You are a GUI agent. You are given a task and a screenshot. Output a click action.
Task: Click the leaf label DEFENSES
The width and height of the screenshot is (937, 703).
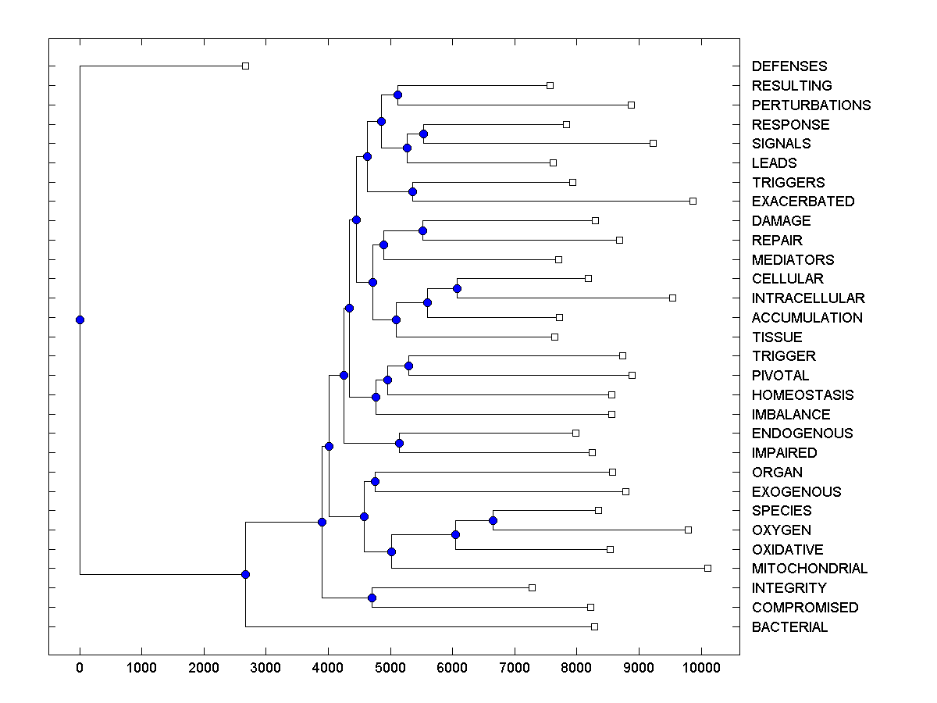pyautogui.click(x=789, y=66)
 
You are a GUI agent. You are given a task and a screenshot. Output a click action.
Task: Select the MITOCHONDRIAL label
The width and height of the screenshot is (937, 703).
pyautogui.click(x=809, y=569)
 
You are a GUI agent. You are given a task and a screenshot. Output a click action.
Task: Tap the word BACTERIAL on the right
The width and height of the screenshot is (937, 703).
pyautogui.click(x=789, y=627)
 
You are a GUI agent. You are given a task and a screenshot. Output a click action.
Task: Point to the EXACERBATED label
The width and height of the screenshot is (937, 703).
pyautogui.click(x=803, y=202)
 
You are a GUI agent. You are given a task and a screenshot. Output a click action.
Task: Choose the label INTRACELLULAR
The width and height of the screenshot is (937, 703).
pyautogui.click(x=808, y=298)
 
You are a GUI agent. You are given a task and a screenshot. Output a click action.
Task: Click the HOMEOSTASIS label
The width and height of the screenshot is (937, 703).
pyautogui.click(x=803, y=395)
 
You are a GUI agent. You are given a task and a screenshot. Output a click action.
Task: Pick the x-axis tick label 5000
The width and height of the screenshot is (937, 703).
pyautogui.click(x=390, y=668)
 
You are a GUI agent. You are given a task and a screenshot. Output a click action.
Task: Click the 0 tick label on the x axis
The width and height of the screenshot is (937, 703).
pyautogui.click(x=80, y=668)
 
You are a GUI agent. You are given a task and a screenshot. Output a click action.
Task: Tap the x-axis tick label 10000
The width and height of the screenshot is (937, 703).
pyautogui.click(x=700, y=668)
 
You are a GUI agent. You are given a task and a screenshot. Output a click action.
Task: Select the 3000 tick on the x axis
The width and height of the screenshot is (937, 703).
pyautogui.click(x=266, y=668)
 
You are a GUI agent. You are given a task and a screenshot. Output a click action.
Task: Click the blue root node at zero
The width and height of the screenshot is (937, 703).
pyautogui.click(x=80, y=319)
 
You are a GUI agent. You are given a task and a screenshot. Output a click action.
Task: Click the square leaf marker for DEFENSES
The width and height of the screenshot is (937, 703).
pyautogui.click(x=245, y=66)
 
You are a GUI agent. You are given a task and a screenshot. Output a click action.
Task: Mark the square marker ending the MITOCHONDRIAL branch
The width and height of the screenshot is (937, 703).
pyautogui.click(x=707, y=568)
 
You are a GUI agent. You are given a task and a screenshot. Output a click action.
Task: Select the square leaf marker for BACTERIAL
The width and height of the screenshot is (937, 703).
pyautogui.click(x=594, y=626)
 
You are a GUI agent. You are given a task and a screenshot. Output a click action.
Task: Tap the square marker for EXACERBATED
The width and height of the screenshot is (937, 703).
pyautogui.click(x=693, y=201)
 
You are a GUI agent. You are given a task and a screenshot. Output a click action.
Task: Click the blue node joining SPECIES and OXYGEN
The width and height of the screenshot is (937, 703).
pyautogui.click(x=493, y=520)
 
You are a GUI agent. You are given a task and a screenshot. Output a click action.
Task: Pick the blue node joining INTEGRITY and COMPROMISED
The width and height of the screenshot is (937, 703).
pyautogui.click(x=372, y=598)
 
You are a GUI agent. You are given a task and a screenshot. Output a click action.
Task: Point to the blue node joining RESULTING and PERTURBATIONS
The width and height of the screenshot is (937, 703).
pyautogui.click(x=397, y=95)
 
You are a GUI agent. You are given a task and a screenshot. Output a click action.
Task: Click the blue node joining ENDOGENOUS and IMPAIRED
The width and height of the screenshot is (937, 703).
pyautogui.click(x=399, y=443)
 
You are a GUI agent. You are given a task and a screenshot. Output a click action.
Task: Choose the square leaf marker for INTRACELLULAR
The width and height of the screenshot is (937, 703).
pyautogui.click(x=672, y=298)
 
